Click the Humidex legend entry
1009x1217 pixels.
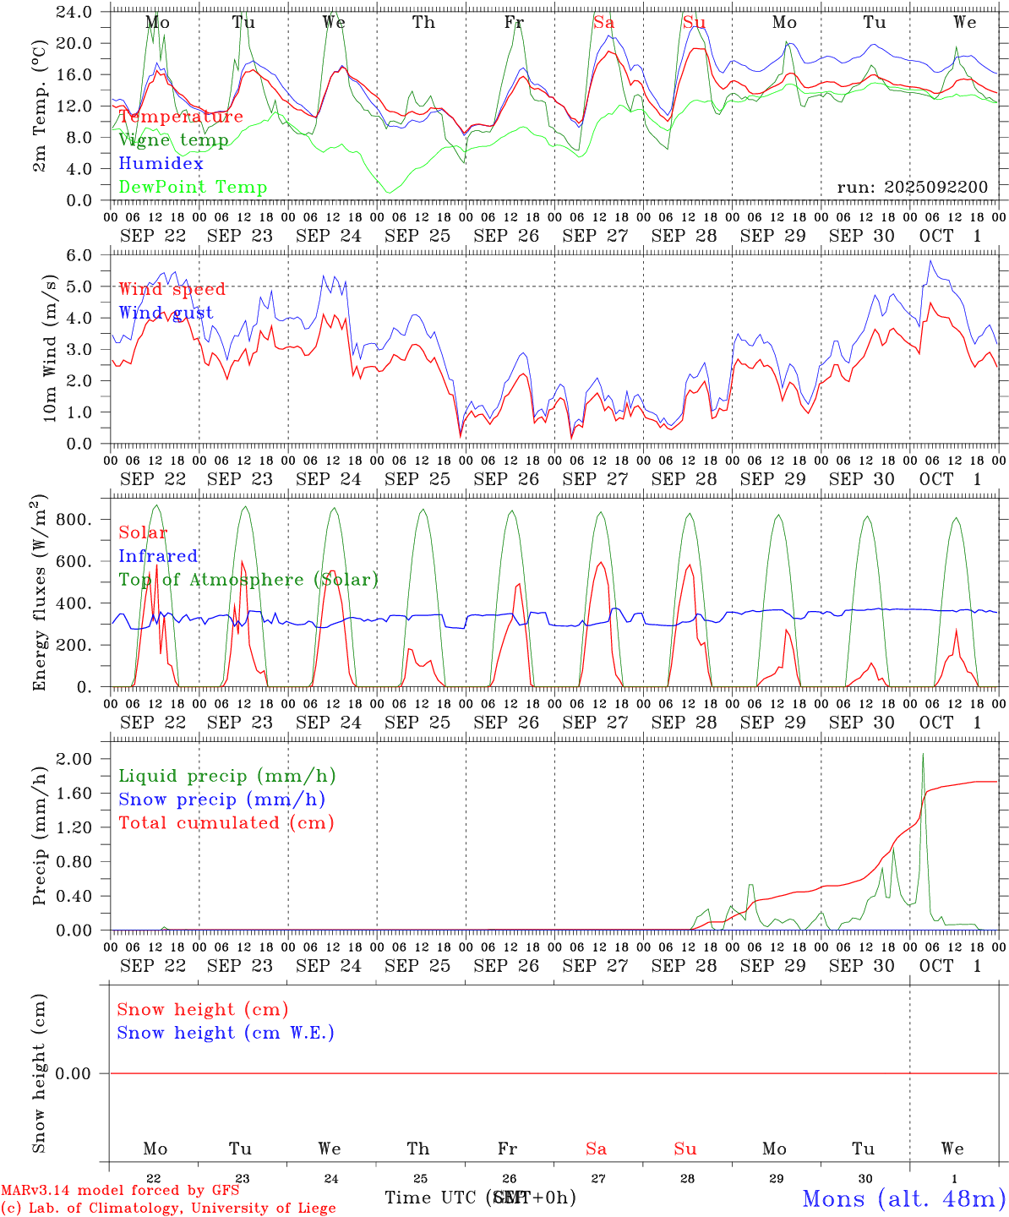[x=161, y=163]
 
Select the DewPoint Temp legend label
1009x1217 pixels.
[x=193, y=187]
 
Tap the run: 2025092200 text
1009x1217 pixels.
[x=912, y=187]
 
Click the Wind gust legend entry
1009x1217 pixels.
[x=166, y=313]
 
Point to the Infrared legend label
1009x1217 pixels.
[x=158, y=556]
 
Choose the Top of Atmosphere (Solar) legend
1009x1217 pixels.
[x=248, y=580]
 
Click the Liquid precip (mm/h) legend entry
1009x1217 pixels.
[x=226, y=776]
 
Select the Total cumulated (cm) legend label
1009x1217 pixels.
[x=226, y=822]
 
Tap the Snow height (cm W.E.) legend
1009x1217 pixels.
[x=225, y=1033]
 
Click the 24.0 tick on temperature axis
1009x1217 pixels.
[x=75, y=12]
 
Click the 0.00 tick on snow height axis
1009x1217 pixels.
[x=80, y=1073]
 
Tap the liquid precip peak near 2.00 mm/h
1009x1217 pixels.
[x=923, y=754]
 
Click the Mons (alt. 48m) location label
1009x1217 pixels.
[x=903, y=1198]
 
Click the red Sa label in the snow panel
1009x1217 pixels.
[x=596, y=1149]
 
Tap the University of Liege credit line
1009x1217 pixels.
[x=168, y=1208]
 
